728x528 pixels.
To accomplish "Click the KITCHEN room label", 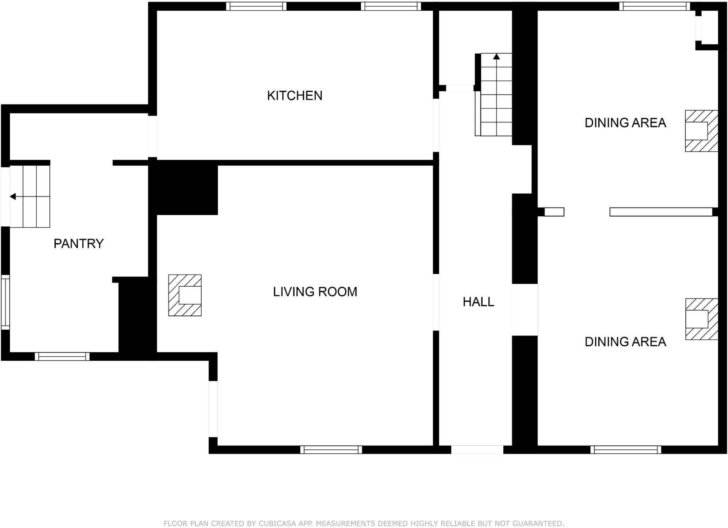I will (294, 96).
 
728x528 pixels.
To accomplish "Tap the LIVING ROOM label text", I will (315, 292).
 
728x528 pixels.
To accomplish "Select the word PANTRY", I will (79, 244).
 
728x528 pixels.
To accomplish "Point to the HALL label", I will (478, 302).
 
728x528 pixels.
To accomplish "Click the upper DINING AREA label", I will (625, 123).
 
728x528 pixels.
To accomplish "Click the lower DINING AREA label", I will (625, 342).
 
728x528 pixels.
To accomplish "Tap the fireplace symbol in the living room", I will (185, 295).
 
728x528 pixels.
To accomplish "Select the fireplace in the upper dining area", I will (701, 131).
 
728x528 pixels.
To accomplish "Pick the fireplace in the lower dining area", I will (701, 319).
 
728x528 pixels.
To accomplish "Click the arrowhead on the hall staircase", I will (497, 56).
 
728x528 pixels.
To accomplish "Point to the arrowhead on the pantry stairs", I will (13, 196).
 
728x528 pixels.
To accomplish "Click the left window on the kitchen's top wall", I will (256, 6).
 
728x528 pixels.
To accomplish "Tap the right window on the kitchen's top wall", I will (391, 6).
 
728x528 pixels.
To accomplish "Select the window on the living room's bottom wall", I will (331, 449).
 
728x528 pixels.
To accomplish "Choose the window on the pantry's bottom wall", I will (62, 356).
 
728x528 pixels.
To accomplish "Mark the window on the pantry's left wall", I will (5, 302).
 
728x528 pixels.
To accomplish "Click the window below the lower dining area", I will (626, 449).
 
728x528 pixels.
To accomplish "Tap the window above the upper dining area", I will (654, 6).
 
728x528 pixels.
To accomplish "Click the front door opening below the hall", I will (477, 449).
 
